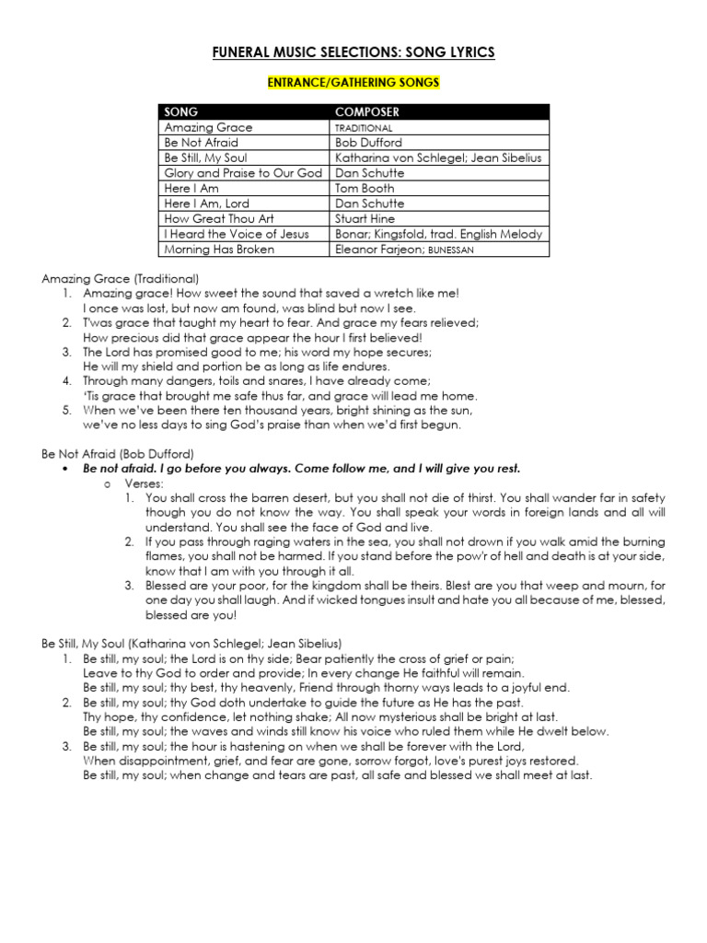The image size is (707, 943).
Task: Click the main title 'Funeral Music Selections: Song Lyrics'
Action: pos(353,52)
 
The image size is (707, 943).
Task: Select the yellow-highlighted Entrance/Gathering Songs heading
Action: pos(353,83)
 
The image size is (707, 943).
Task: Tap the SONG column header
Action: pos(181,112)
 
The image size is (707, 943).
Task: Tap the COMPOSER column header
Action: pos(367,112)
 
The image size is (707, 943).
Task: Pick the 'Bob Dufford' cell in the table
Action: pos(369,143)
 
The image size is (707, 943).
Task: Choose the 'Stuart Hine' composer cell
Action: pos(365,219)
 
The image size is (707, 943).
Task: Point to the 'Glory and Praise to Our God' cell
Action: pos(243,173)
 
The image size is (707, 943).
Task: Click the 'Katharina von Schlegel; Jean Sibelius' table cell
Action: pos(439,158)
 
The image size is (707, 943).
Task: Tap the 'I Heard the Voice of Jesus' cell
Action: pos(237,234)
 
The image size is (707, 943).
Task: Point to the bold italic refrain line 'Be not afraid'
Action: pos(302,469)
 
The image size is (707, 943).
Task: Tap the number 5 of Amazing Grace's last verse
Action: pos(66,410)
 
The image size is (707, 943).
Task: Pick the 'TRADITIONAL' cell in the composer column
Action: pos(364,128)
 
